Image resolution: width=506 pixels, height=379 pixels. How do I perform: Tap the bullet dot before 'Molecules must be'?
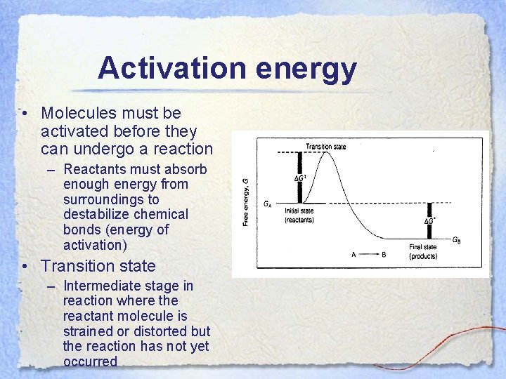click(25, 114)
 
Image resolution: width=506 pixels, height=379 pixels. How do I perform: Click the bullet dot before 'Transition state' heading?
click(25, 267)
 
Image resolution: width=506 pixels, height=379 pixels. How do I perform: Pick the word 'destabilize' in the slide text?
click(97, 215)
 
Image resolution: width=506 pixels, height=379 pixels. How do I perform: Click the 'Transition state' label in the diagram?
click(325, 147)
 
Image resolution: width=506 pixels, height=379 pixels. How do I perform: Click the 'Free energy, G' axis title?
click(246, 201)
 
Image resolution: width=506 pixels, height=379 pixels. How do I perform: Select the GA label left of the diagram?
click(268, 204)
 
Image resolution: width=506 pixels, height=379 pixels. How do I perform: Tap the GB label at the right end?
click(456, 240)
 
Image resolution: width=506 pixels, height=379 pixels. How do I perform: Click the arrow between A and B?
click(368, 255)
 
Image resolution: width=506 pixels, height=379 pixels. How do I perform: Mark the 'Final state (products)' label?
click(423, 251)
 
